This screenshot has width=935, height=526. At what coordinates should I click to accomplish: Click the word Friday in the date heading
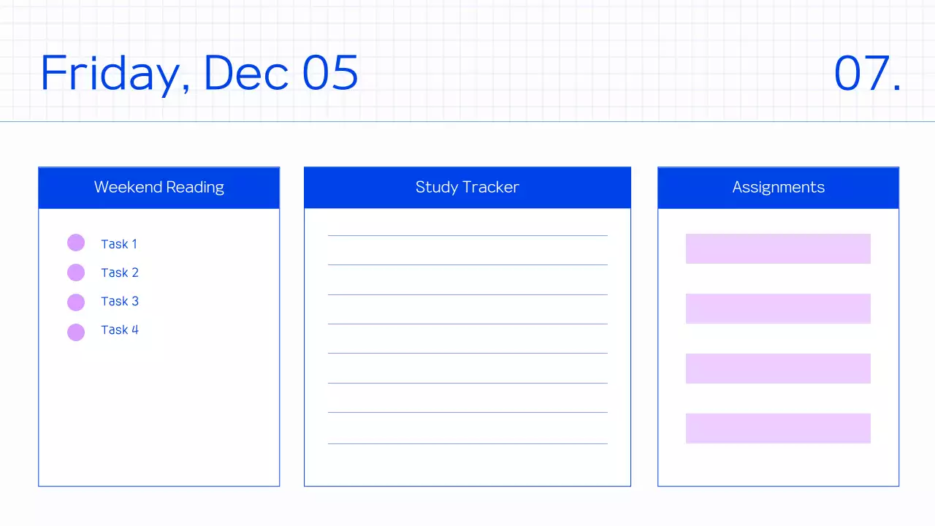point(114,73)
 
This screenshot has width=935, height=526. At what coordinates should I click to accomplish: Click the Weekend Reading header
point(159,187)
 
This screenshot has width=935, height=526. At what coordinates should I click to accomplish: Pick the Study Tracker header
point(467,187)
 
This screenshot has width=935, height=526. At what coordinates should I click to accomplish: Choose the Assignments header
point(778,187)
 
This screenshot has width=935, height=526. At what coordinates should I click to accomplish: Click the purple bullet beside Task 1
point(76,243)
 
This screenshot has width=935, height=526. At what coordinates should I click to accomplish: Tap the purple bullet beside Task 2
point(76,272)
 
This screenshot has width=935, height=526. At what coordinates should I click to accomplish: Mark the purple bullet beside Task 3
point(76,302)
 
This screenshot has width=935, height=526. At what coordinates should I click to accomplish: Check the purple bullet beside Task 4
point(76,332)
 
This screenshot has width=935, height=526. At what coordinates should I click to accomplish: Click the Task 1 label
point(119,244)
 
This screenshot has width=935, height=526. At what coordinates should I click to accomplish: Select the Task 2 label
point(120,272)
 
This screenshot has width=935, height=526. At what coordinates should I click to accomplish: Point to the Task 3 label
point(120,301)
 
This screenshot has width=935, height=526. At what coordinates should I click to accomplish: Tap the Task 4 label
point(120,329)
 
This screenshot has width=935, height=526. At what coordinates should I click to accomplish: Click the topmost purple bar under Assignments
point(778,248)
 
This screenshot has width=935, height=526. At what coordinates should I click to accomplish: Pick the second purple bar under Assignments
point(778,308)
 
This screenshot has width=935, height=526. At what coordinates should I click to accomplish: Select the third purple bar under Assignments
point(778,368)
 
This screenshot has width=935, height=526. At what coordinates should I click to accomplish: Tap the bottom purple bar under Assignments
point(778,428)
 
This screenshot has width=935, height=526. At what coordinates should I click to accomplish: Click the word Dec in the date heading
point(245,73)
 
